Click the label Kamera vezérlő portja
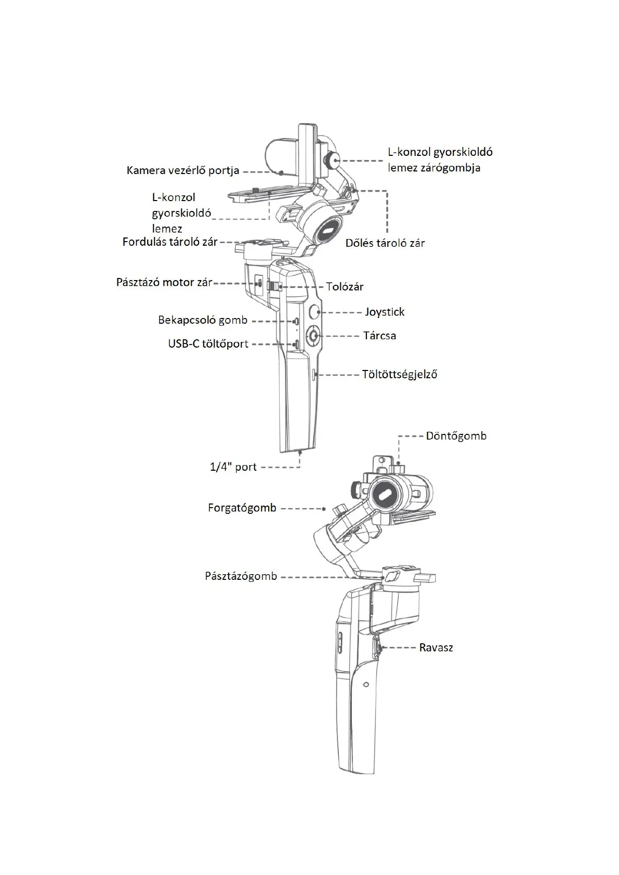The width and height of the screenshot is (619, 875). point(183,170)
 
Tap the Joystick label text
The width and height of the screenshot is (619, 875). point(384,312)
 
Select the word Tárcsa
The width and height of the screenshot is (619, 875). point(379,336)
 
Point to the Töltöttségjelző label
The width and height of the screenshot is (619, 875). point(399,374)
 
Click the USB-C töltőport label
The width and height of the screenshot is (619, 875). point(208,344)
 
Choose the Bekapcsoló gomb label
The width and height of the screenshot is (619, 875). point(203,320)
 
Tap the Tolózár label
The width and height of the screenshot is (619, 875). point(345,287)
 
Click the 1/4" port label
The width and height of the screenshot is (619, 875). point(233,467)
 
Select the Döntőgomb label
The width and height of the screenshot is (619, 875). point(456,436)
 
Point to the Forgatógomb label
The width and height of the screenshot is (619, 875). point(242,508)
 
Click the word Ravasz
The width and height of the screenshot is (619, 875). point(436,648)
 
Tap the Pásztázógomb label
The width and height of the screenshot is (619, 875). point(241,577)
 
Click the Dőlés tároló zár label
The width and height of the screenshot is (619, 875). point(385,243)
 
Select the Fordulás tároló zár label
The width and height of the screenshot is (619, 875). point(170,242)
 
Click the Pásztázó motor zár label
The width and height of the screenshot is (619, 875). point(164,283)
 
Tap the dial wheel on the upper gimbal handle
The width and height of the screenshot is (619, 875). point(313,336)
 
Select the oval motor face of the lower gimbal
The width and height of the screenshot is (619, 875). point(385,495)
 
